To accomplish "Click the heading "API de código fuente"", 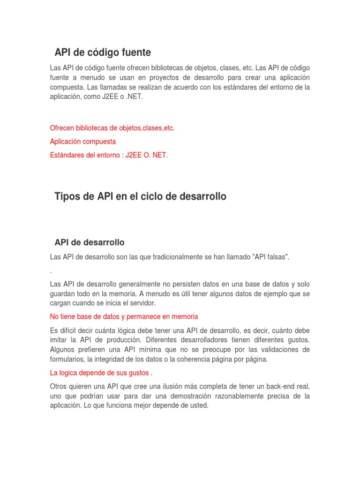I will coord(103,52).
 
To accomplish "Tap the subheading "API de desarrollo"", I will coord(90,242).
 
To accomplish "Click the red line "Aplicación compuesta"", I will coord(83,141).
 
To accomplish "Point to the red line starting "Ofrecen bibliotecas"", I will coord(112,128).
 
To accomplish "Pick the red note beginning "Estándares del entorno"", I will coord(109,155).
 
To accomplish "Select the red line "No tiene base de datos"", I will coord(124,316).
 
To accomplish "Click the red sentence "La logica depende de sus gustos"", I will coord(101,373).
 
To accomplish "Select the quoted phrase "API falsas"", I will coord(271,256).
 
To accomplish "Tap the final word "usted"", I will coord(198,405).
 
